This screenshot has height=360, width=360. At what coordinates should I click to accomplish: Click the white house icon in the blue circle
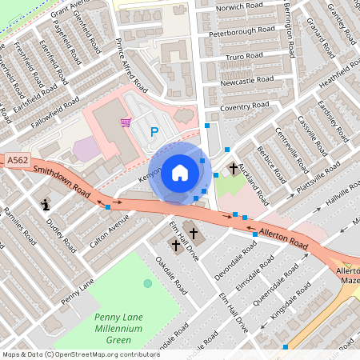180,172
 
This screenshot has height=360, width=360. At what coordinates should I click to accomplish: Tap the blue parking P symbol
154,132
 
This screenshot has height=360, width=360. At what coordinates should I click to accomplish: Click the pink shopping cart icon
126,122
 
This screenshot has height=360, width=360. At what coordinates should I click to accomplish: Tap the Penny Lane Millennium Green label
114,328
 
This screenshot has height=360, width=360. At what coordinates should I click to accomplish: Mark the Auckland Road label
253,182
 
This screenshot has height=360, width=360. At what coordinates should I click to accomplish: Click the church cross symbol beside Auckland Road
234,169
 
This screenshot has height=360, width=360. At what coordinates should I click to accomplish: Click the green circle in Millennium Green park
147,283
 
